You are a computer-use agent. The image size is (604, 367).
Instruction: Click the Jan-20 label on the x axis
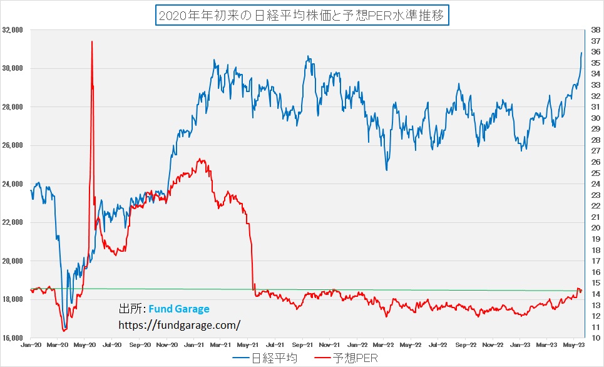click(x=31, y=345)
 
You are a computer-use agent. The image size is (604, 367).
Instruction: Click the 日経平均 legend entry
click(x=266, y=358)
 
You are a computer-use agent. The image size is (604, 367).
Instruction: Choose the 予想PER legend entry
click(x=346, y=358)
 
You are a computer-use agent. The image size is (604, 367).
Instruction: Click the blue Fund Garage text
click(x=179, y=309)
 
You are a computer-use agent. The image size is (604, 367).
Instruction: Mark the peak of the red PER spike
click(x=92, y=41)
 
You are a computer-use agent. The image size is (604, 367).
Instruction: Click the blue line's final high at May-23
click(x=581, y=53)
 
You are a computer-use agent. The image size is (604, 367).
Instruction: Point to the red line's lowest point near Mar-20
click(x=64, y=330)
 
